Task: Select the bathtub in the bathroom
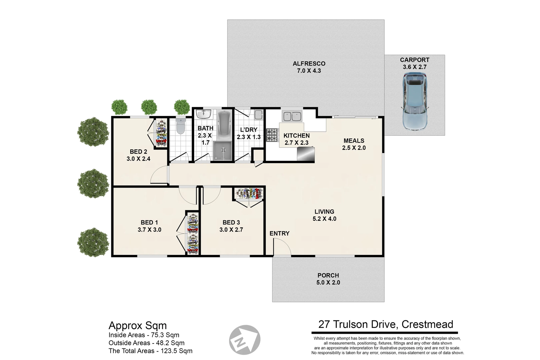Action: (x=224, y=125)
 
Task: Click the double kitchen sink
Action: (x=292, y=116)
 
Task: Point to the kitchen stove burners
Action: (x=272, y=135)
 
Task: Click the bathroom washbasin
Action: (x=203, y=114)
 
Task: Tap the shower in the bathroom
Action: (x=223, y=151)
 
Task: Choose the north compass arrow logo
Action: (x=245, y=340)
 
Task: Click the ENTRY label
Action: (x=279, y=233)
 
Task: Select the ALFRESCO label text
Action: (x=309, y=64)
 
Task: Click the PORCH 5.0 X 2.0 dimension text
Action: (x=328, y=282)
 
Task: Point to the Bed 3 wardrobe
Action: (x=249, y=194)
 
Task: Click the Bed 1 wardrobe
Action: (x=193, y=233)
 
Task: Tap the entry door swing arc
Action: (x=282, y=247)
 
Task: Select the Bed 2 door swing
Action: (x=159, y=175)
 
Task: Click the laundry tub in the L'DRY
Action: (x=258, y=115)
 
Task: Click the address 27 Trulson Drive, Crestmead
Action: (x=386, y=324)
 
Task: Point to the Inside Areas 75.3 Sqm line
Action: (x=144, y=335)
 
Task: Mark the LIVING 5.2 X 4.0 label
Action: (x=324, y=215)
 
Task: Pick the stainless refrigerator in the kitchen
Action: (x=306, y=154)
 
